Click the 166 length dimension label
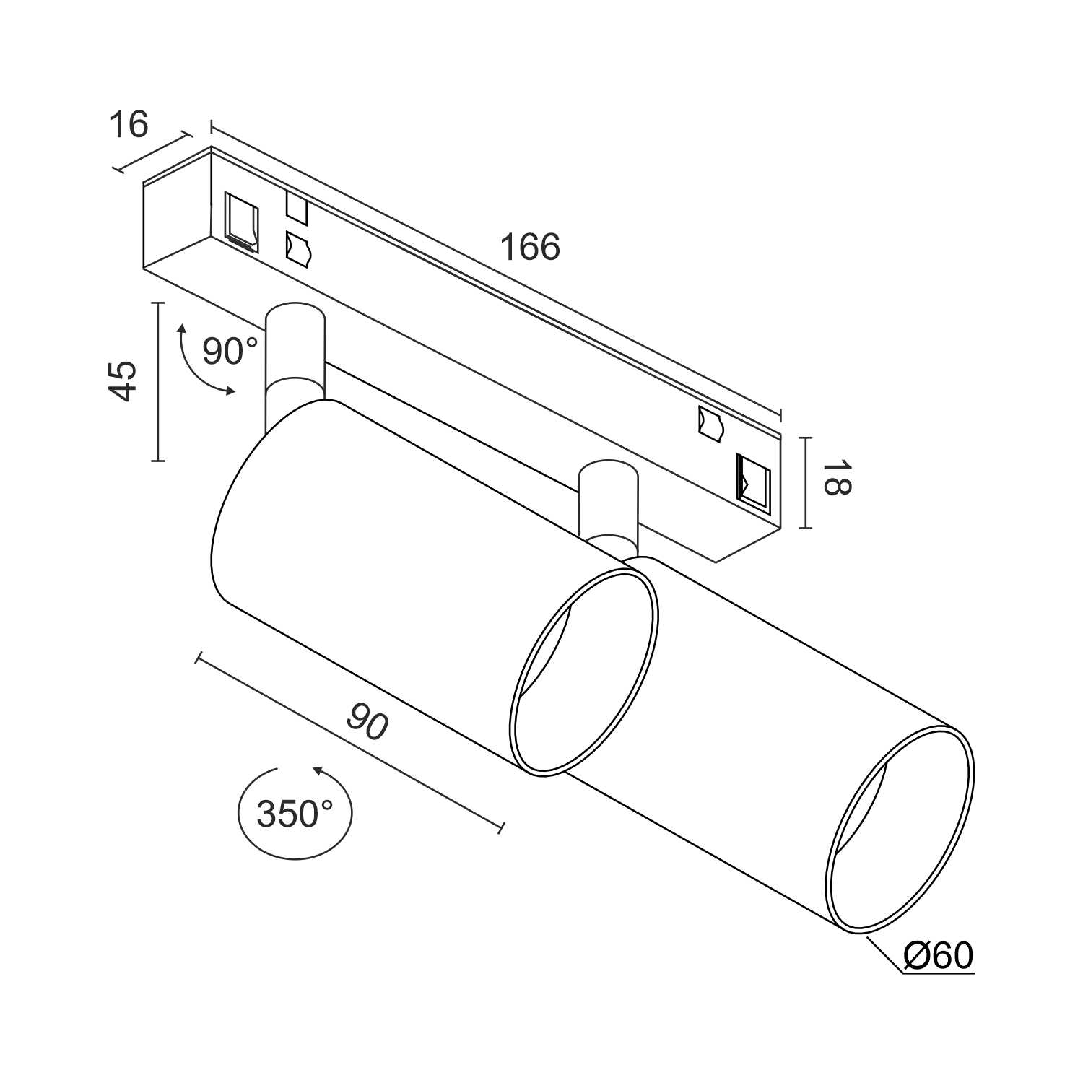point(530,248)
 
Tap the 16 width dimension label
point(129,124)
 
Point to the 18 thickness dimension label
point(837,478)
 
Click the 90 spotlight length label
point(367,722)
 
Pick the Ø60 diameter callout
point(938,956)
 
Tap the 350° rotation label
point(295,814)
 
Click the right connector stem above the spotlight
point(608,502)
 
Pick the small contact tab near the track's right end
point(710,423)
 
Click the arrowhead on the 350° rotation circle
point(318,771)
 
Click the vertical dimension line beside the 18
point(806,482)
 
